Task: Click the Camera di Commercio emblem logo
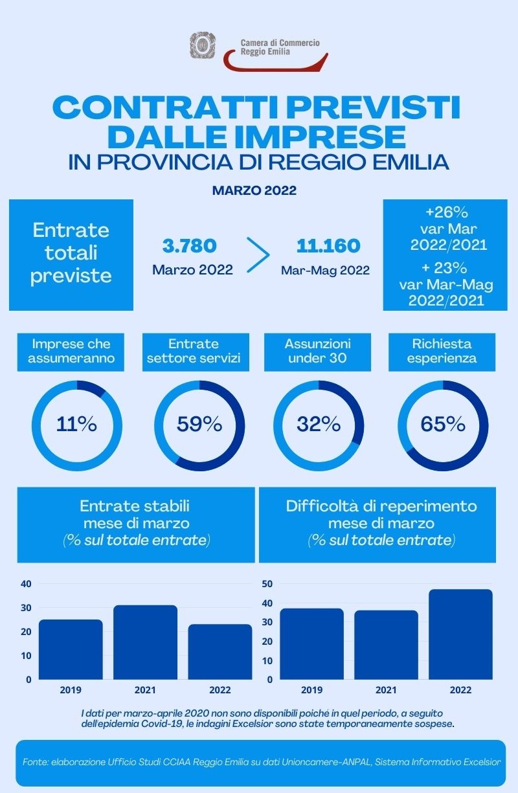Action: coord(203,45)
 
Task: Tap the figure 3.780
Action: coord(189,246)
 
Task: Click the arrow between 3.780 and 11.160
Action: coord(258,254)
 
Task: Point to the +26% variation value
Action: coord(447,212)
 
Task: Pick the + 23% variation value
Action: coord(447,267)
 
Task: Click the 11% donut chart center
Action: coord(76,425)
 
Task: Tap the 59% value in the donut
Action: coord(199,425)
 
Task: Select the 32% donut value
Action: coord(319,425)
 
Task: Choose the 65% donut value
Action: coord(443,425)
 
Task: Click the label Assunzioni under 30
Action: coord(318,352)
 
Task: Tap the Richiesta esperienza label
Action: coord(442,352)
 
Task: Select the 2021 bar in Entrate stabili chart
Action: coord(145,642)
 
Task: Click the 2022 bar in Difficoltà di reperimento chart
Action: coord(461,634)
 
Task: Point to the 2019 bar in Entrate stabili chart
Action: coord(71,649)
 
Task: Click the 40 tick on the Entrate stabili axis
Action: coord(26,584)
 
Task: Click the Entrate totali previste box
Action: coord(71,254)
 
